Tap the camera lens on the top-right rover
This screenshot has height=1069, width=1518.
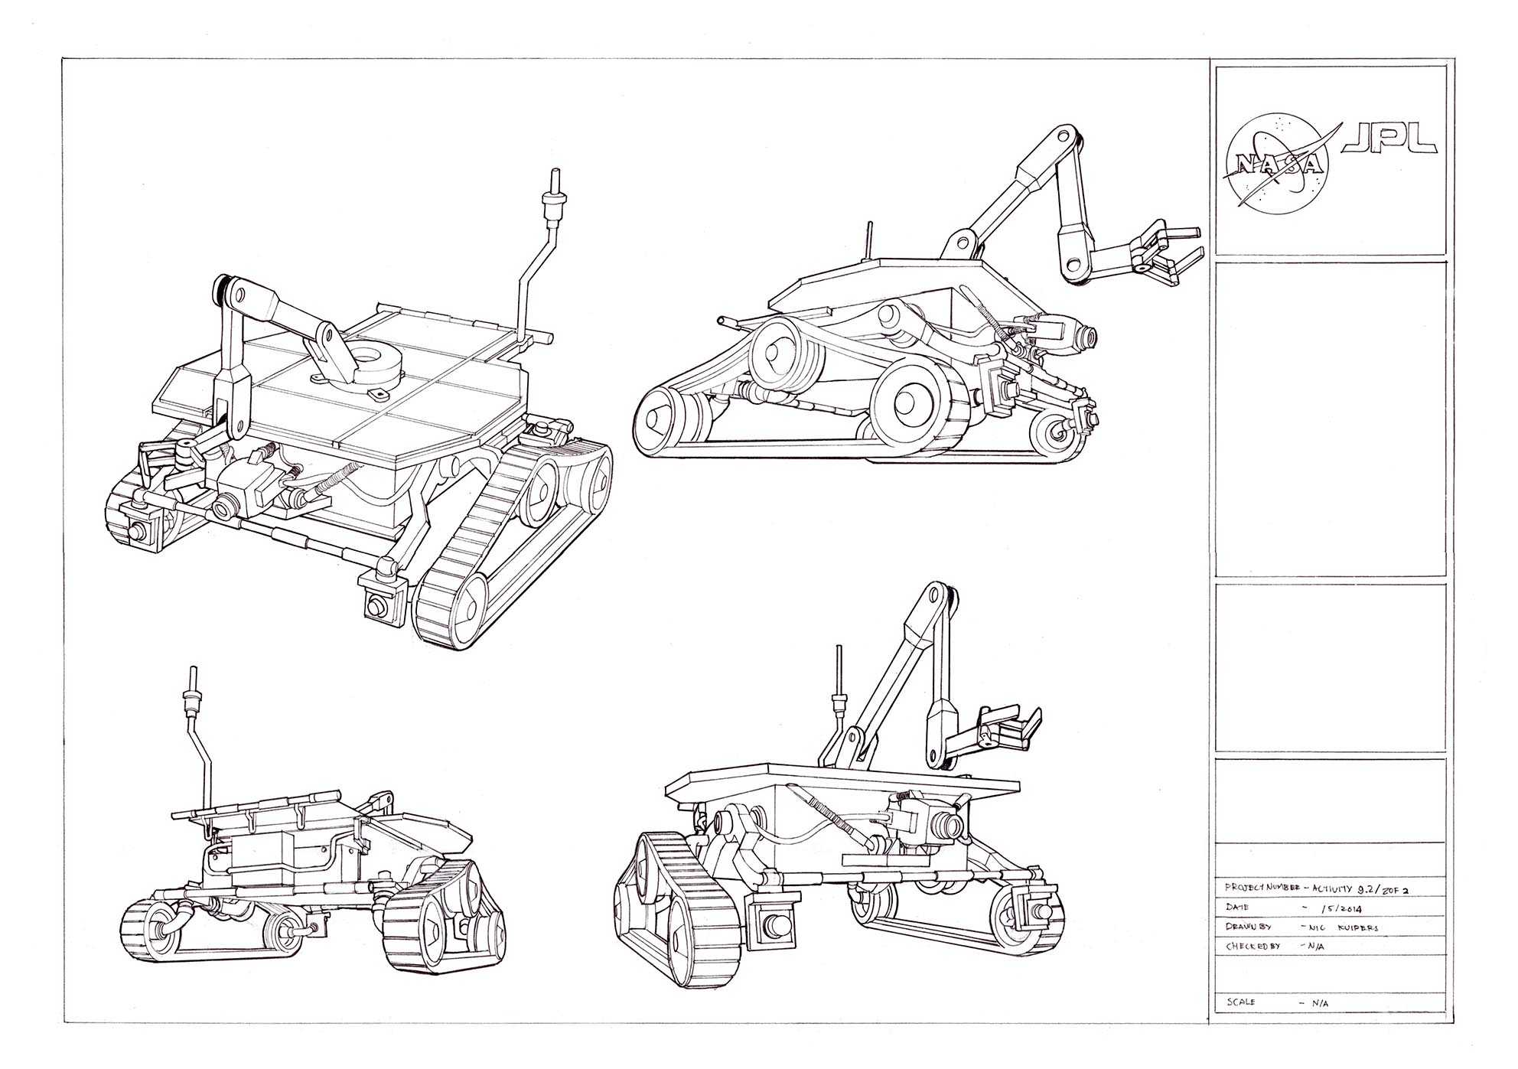[x=1086, y=335]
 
